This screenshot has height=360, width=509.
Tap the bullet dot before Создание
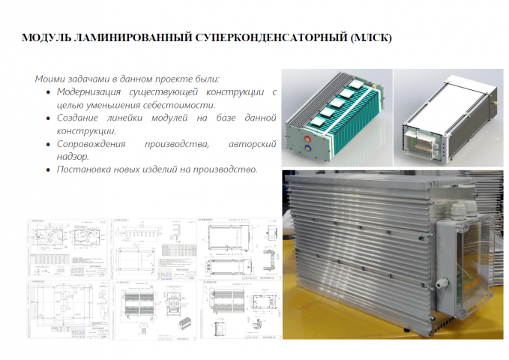49,118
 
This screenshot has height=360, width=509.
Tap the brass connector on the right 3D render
495,96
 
